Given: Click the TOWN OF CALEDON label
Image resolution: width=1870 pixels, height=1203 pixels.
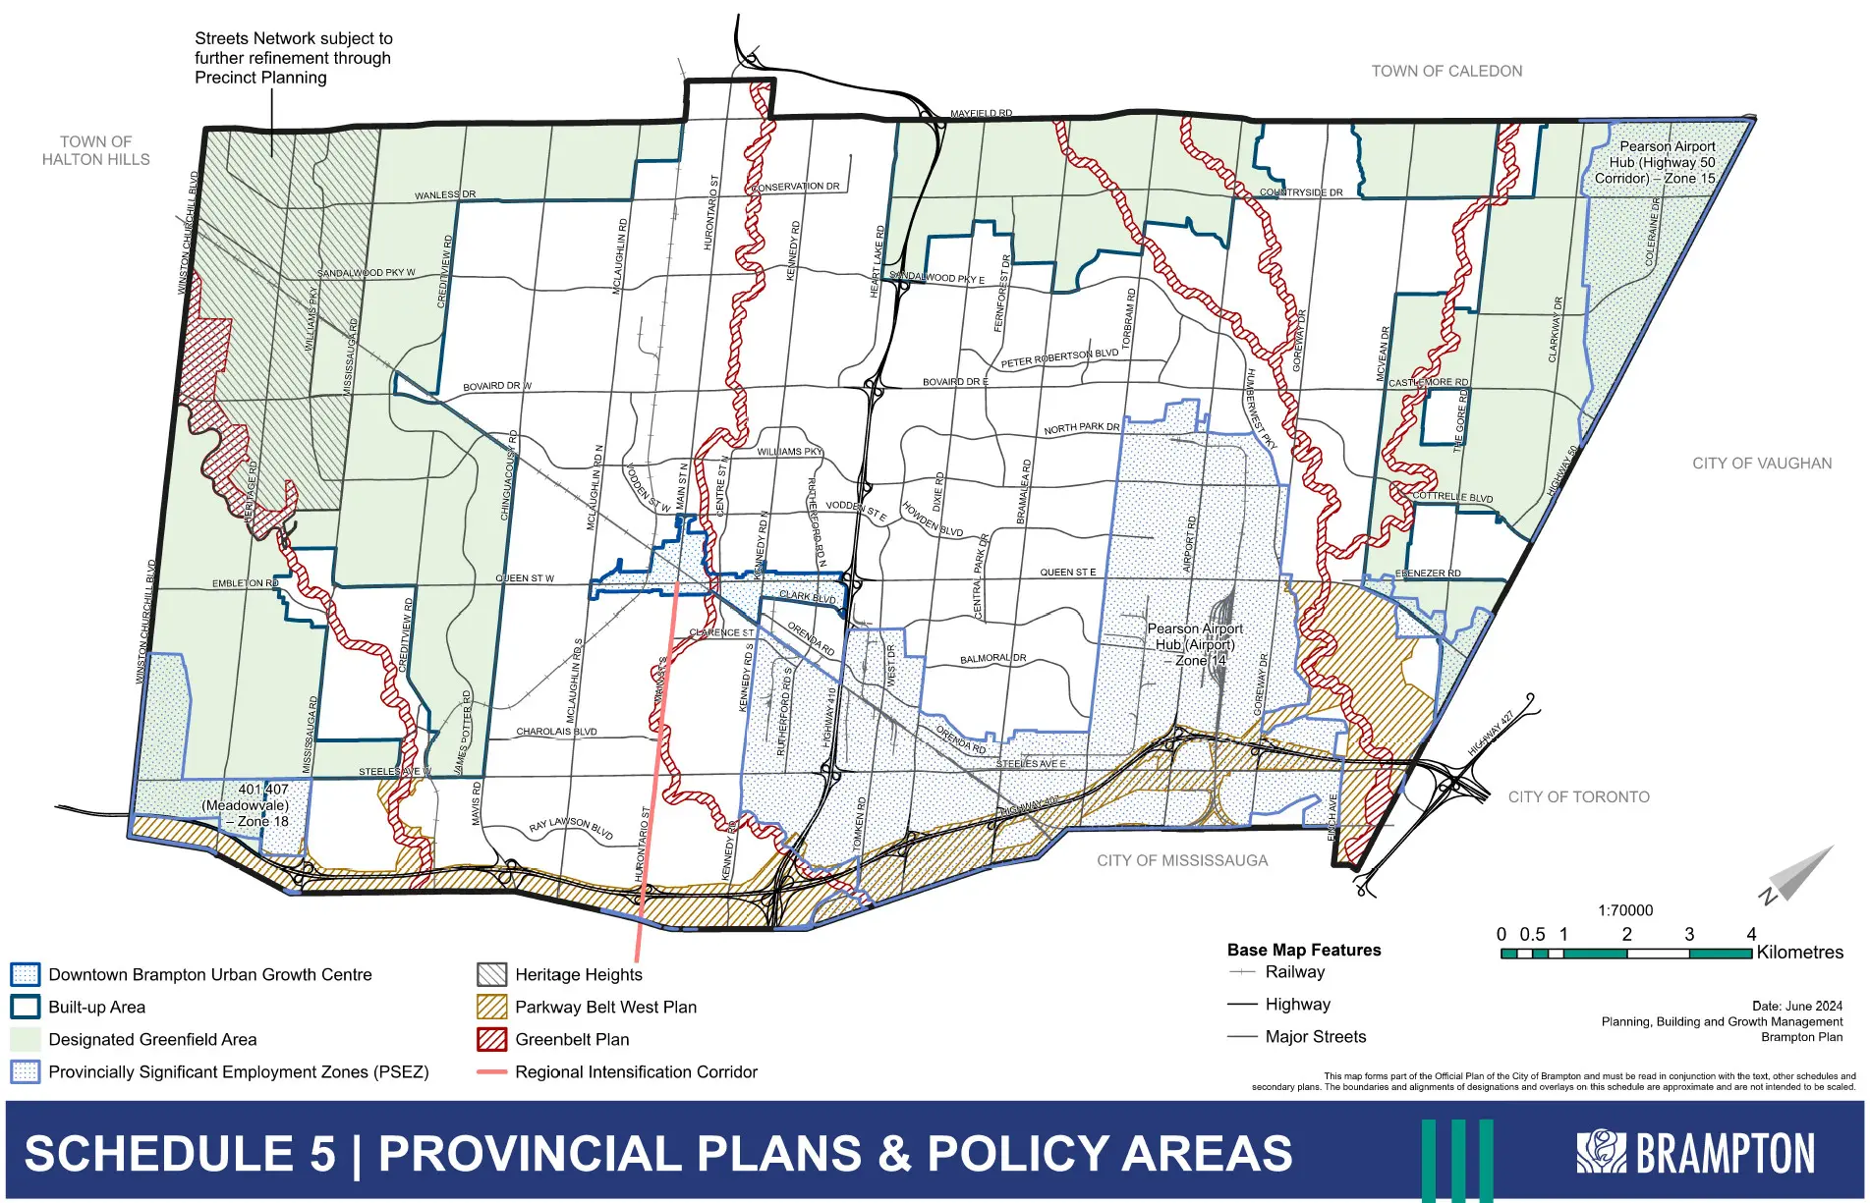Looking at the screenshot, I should (1446, 71).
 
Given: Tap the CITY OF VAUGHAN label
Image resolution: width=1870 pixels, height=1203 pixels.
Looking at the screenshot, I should (1762, 464).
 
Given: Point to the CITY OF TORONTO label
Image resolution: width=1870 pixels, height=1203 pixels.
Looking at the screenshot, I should (1578, 797).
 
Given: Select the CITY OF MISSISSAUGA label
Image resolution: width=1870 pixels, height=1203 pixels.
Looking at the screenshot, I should (1182, 860).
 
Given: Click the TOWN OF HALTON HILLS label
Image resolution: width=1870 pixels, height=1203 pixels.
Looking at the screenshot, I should (96, 150).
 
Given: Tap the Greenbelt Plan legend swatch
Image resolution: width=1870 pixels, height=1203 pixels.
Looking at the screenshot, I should (491, 1039).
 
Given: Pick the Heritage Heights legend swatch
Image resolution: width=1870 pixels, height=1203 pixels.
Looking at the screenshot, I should (491, 974).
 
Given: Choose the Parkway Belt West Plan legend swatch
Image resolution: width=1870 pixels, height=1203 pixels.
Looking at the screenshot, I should (491, 1007).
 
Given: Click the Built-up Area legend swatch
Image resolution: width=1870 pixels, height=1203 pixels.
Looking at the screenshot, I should (25, 1007).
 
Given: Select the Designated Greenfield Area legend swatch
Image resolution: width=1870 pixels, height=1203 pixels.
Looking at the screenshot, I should (25, 1039).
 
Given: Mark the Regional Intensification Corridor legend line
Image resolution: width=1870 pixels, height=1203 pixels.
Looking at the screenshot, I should (491, 1071).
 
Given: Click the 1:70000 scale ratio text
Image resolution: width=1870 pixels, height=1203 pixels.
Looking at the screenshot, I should (1625, 910).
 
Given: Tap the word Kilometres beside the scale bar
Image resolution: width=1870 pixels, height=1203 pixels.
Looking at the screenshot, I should (1799, 952).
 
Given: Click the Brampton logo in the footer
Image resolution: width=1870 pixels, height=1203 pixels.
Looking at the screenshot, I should (1695, 1153).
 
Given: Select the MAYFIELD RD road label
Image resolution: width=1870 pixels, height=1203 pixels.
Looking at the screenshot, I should (981, 114).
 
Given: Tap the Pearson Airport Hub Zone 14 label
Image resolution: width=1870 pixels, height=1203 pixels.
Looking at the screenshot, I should (1195, 644).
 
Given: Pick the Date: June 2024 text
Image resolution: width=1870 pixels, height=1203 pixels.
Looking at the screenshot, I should (1796, 1006).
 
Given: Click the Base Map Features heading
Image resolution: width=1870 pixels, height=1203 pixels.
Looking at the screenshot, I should (1304, 950).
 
